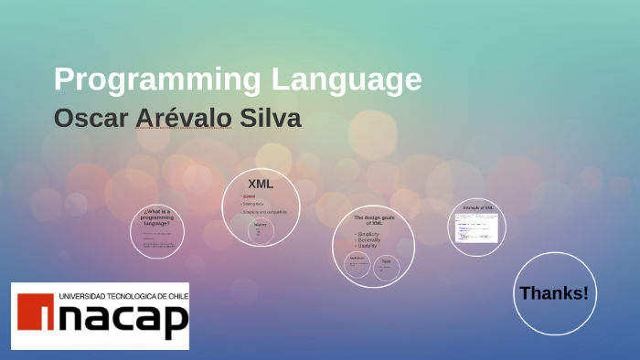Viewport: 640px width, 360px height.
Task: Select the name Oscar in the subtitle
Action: (90, 119)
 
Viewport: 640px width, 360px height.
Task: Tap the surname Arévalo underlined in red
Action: (183, 119)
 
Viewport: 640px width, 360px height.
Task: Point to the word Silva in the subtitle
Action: (271, 119)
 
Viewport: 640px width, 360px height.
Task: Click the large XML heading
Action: (261, 184)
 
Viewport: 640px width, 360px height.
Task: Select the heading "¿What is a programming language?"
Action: (156, 217)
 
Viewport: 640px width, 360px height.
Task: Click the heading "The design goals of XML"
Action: (372, 220)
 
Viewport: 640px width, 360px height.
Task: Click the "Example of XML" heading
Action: (477, 208)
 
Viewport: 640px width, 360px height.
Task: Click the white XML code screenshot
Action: (475, 227)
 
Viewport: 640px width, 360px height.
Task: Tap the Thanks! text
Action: (554, 293)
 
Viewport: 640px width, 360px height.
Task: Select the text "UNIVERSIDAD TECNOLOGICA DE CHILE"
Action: (123, 296)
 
